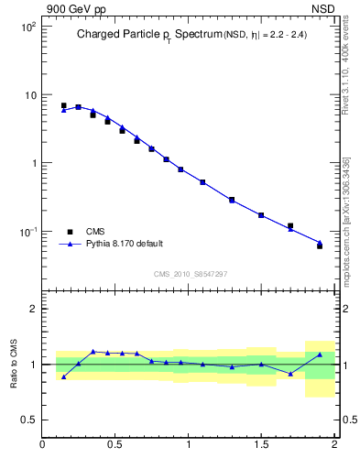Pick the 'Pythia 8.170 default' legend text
(125, 244)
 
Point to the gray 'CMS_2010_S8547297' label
(190, 273)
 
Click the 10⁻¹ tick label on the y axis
(27, 232)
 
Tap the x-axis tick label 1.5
(261, 446)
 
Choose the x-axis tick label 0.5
(115, 446)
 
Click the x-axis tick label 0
(43, 446)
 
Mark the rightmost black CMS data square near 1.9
(320, 245)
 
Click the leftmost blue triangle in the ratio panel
(63, 376)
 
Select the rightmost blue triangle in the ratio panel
(320, 354)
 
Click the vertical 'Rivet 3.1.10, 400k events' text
(345, 64)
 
